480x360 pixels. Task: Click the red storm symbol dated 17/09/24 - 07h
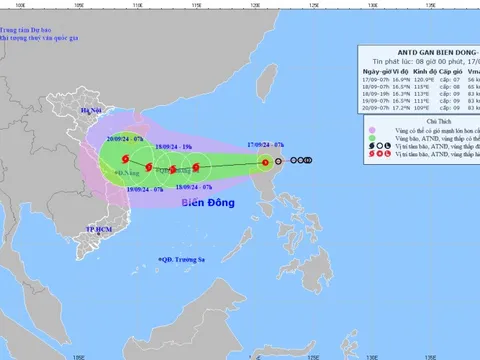[x=265, y=161]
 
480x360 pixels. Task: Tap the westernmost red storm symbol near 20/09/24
[x=125, y=160]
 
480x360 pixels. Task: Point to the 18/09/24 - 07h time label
[x=193, y=186]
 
